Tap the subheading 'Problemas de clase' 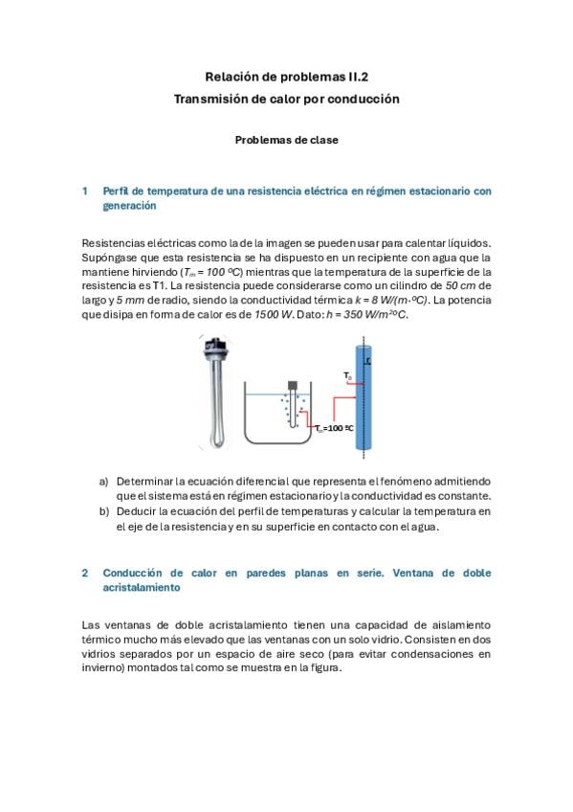287,140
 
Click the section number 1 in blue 85,192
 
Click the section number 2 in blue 85,573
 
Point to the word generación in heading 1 129,206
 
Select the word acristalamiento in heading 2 142,587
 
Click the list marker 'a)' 104,482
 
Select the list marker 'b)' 104,511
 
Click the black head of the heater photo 215,346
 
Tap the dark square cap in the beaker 293,385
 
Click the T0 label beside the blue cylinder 347,375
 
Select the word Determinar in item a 144,482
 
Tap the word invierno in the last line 103,668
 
